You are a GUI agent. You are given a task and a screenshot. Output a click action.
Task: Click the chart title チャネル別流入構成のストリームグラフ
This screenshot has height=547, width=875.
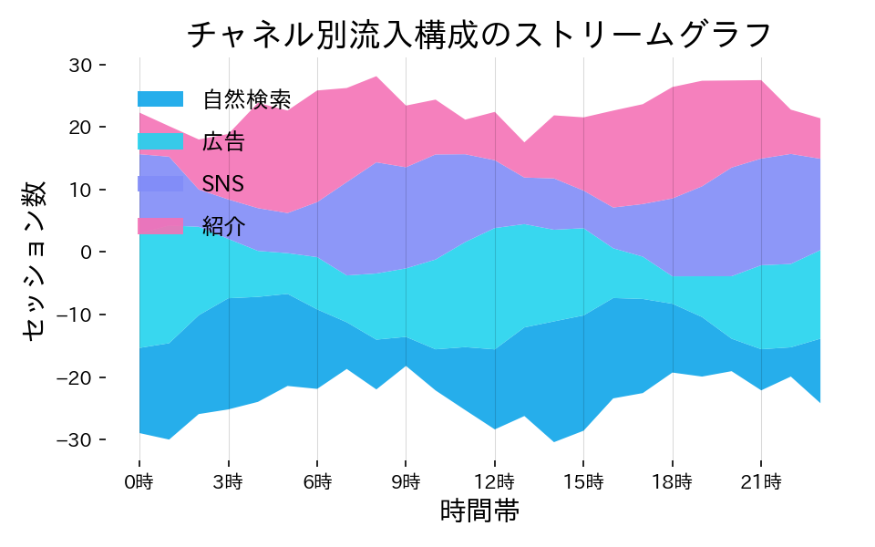[x=479, y=35]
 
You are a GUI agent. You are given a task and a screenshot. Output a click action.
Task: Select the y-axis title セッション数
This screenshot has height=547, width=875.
[x=34, y=259]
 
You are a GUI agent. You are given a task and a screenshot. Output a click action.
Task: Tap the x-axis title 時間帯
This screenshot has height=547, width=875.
[x=479, y=511]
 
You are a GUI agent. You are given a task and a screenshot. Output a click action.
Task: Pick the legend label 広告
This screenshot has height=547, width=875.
[x=223, y=141]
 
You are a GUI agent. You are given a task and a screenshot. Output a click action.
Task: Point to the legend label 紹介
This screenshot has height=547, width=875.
[x=223, y=227]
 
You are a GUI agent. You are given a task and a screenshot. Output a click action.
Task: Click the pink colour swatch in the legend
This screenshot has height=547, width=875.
[x=160, y=226]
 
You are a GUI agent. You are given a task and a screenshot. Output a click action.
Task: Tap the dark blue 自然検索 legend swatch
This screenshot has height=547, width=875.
[x=160, y=98]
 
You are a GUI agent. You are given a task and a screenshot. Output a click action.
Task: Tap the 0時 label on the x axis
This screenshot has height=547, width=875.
[x=139, y=480]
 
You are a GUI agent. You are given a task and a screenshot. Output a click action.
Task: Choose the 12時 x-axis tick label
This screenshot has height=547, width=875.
[x=495, y=480]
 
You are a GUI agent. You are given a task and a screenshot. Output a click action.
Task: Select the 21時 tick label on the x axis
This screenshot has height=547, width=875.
[x=761, y=480]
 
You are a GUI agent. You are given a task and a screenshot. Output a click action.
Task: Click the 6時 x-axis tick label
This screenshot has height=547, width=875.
[x=317, y=480]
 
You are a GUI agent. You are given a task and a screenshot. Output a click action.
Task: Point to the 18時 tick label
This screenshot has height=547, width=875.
[x=673, y=480]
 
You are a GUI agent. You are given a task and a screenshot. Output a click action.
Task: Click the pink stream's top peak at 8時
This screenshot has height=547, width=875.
[x=376, y=77]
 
